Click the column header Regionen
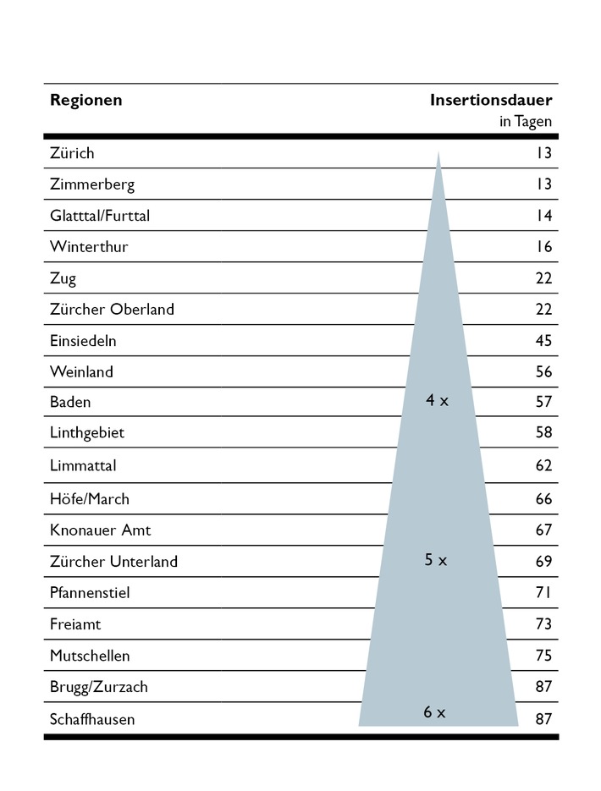85,100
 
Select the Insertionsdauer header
490,100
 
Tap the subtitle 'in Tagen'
525,122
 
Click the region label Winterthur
89,247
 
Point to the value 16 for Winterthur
543,247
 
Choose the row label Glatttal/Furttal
100,216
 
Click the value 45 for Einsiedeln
543,341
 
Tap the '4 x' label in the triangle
437,400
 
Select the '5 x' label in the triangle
435,559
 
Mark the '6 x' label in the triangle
434,712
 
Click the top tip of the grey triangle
438,153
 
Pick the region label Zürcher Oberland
112,310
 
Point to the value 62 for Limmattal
543,466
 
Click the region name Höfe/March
90,499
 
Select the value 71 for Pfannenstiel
543,592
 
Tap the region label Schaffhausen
92,719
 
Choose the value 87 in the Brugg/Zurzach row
543,686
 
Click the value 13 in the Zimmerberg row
543,184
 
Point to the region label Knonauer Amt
100,530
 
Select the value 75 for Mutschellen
543,656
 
